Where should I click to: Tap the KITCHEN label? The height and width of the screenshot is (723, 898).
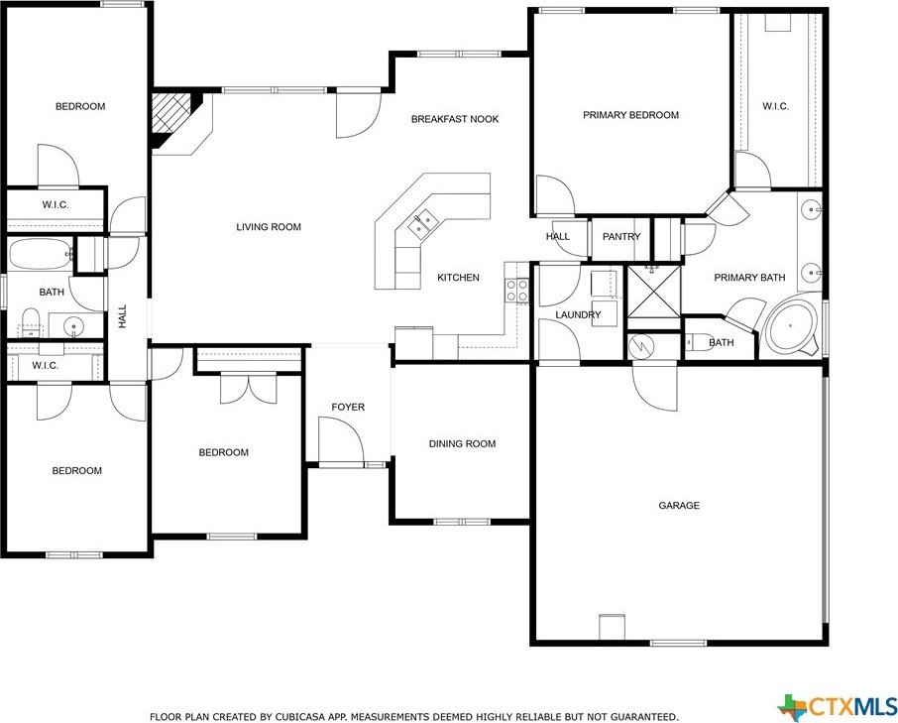point(458,278)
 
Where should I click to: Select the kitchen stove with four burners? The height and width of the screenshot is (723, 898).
point(517,290)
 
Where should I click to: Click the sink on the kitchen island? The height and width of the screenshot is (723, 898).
point(423,223)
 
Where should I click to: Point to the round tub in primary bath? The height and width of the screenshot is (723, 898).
point(790,328)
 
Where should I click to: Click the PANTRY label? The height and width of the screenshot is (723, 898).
point(621,237)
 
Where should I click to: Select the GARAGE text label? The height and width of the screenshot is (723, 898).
point(679,506)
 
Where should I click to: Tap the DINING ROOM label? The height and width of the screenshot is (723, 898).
point(462,444)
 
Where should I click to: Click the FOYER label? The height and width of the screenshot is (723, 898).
point(348,408)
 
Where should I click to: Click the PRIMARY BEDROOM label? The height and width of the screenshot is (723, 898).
point(630,115)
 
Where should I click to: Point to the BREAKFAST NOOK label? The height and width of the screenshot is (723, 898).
point(455,119)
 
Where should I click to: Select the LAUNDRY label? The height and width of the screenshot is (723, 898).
point(578,315)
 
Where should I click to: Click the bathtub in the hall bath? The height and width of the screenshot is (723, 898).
point(41,255)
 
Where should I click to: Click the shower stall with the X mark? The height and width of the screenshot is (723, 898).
point(654,295)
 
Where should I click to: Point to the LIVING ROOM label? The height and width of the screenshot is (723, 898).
point(268,227)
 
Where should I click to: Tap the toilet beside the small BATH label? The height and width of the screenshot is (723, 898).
point(698,343)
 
